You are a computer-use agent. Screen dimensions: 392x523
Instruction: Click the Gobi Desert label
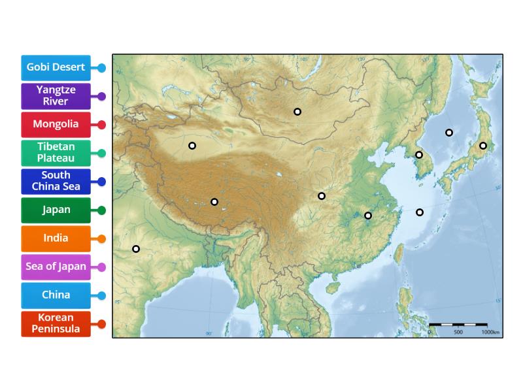[x=56, y=67]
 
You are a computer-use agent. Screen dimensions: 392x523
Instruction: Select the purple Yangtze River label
[x=56, y=96]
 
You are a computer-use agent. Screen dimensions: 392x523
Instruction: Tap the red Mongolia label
[x=56, y=124]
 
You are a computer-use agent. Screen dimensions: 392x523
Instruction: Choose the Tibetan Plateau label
[x=56, y=153]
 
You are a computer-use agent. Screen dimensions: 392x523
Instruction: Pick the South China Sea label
[x=56, y=181]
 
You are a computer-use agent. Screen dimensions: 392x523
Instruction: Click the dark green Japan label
[x=56, y=210]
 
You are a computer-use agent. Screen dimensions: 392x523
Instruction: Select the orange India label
[x=56, y=238]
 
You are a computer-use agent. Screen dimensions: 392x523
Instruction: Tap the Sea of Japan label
[x=56, y=267]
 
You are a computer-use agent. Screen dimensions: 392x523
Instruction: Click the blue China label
[x=56, y=295]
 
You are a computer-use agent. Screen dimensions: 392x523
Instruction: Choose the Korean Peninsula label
[x=56, y=323]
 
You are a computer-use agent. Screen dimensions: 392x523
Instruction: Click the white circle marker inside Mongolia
[x=297, y=112]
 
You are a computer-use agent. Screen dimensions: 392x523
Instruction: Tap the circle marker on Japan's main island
[x=482, y=146]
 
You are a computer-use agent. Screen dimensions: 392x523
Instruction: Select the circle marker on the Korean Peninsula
[x=419, y=155]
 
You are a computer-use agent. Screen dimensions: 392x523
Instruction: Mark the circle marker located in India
[x=136, y=249]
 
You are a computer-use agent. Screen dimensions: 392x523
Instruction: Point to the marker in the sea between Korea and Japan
[x=449, y=133]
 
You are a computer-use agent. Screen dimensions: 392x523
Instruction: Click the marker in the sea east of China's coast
[x=420, y=212]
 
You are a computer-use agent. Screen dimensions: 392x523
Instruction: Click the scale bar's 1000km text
[x=490, y=333]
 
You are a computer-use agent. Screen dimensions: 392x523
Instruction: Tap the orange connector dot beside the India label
[x=101, y=238]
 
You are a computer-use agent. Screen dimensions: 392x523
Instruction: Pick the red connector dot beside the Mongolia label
[x=101, y=124]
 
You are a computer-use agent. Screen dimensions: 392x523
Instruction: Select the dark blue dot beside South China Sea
[x=101, y=181]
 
